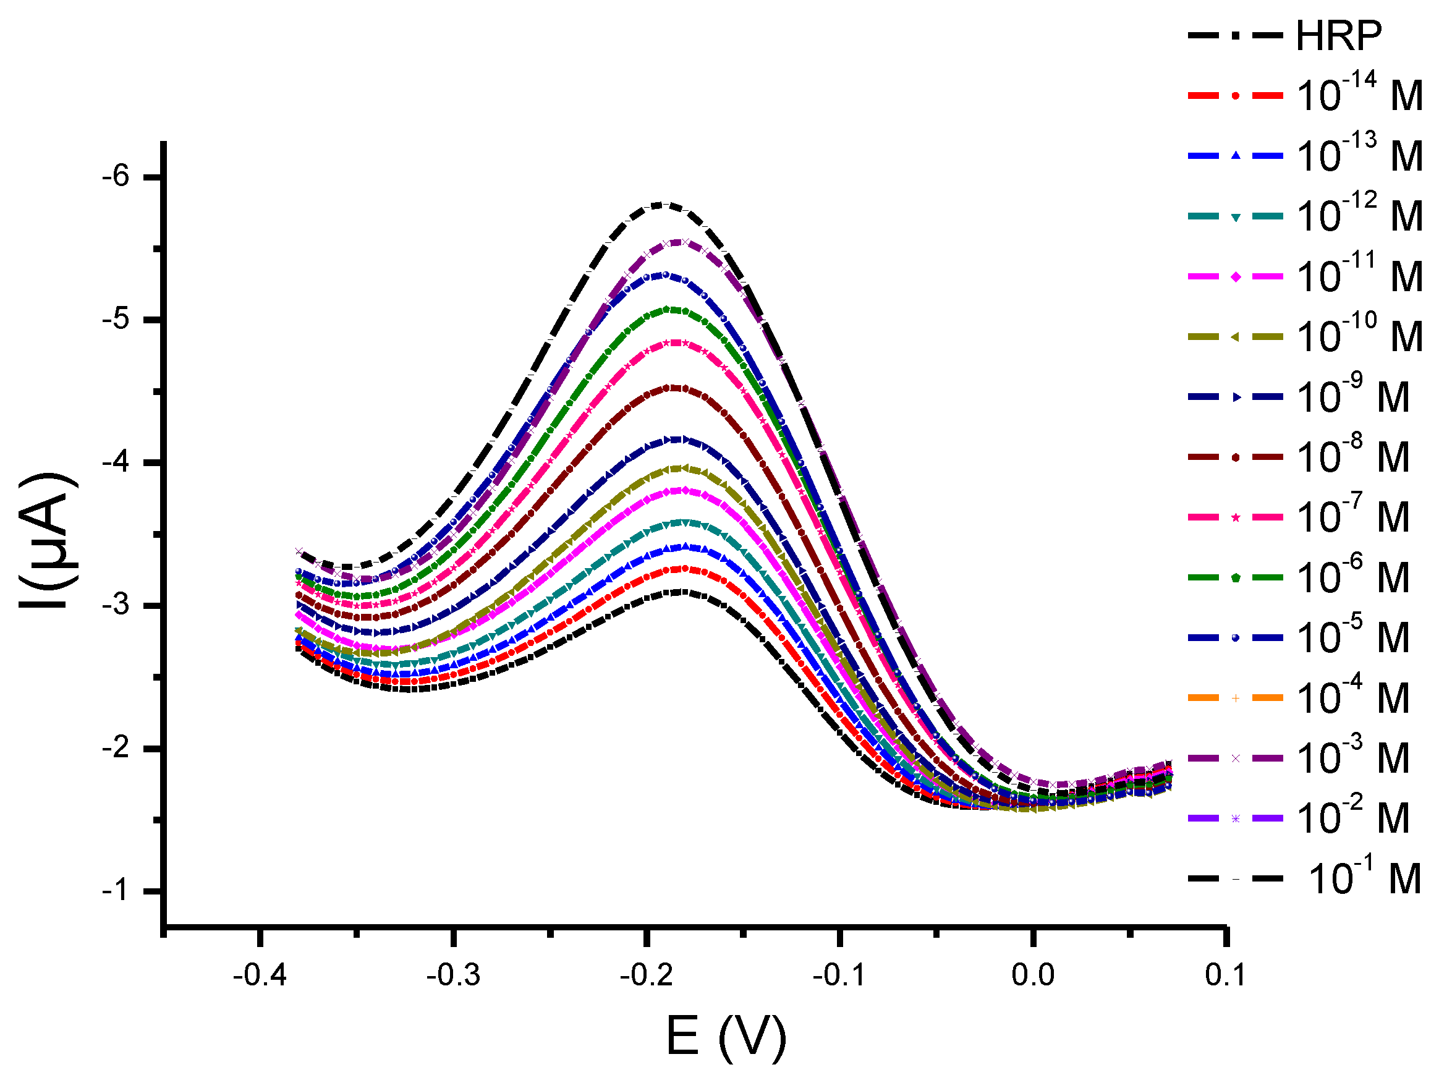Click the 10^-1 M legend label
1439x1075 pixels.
pos(1364,878)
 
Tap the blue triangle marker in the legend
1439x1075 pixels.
pos(1236,156)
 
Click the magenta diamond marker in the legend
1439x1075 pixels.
pos(1236,276)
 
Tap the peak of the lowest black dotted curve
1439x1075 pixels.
pos(679,592)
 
